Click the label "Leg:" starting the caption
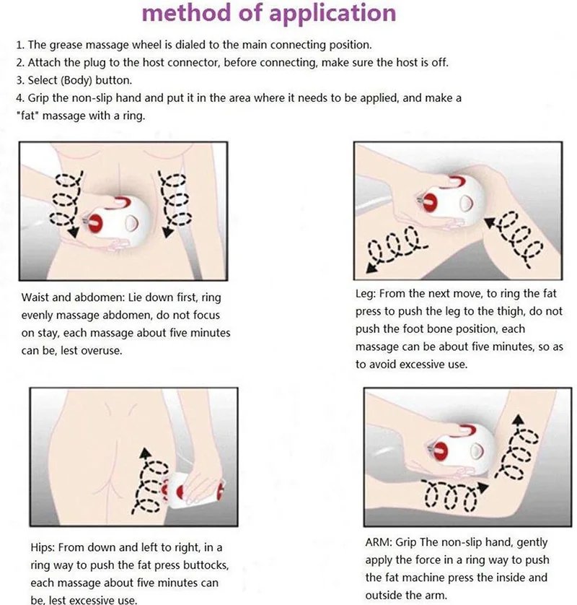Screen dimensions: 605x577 (x=367, y=294)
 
